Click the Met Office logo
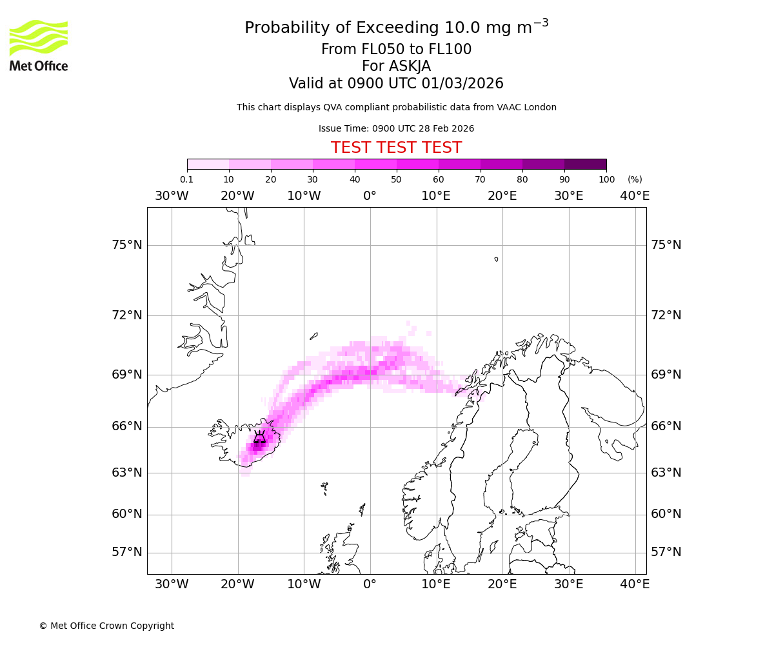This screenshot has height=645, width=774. tap(39, 45)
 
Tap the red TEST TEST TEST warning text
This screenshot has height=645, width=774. tap(396, 148)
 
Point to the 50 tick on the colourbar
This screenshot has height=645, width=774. tap(396, 179)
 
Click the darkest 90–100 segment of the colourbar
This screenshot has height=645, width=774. tap(585, 164)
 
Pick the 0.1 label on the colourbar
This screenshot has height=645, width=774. tap(186, 179)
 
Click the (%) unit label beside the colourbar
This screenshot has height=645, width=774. tap(635, 179)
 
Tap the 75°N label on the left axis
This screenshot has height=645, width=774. tap(126, 245)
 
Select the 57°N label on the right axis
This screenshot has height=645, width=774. tap(666, 552)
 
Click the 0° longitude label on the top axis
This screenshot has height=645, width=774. tap(370, 196)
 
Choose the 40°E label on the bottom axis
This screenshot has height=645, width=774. tap(635, 584)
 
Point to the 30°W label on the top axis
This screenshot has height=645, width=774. tap(172, 196)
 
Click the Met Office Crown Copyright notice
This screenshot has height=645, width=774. tap(106, 626)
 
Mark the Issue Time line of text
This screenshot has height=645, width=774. tap(396, 128)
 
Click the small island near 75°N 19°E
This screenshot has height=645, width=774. tap(496, 259)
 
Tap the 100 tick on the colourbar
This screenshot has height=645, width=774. tap(606, 179)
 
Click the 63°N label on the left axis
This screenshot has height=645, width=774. tap(126, 473)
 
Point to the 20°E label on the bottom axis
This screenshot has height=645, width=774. tap(502, 584)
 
